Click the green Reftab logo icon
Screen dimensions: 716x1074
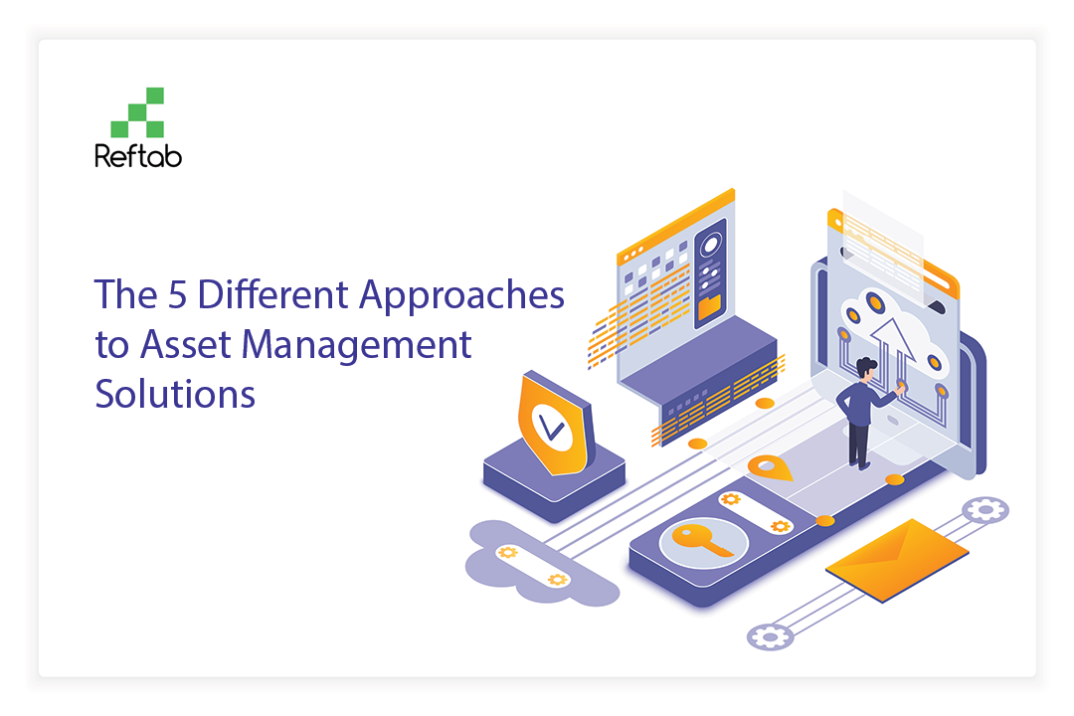[137, 112]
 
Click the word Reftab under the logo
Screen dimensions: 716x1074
[138, 156]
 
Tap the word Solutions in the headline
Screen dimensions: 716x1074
[175, 394]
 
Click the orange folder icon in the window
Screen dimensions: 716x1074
[710, 307]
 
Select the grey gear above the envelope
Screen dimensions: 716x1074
[984, 510]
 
